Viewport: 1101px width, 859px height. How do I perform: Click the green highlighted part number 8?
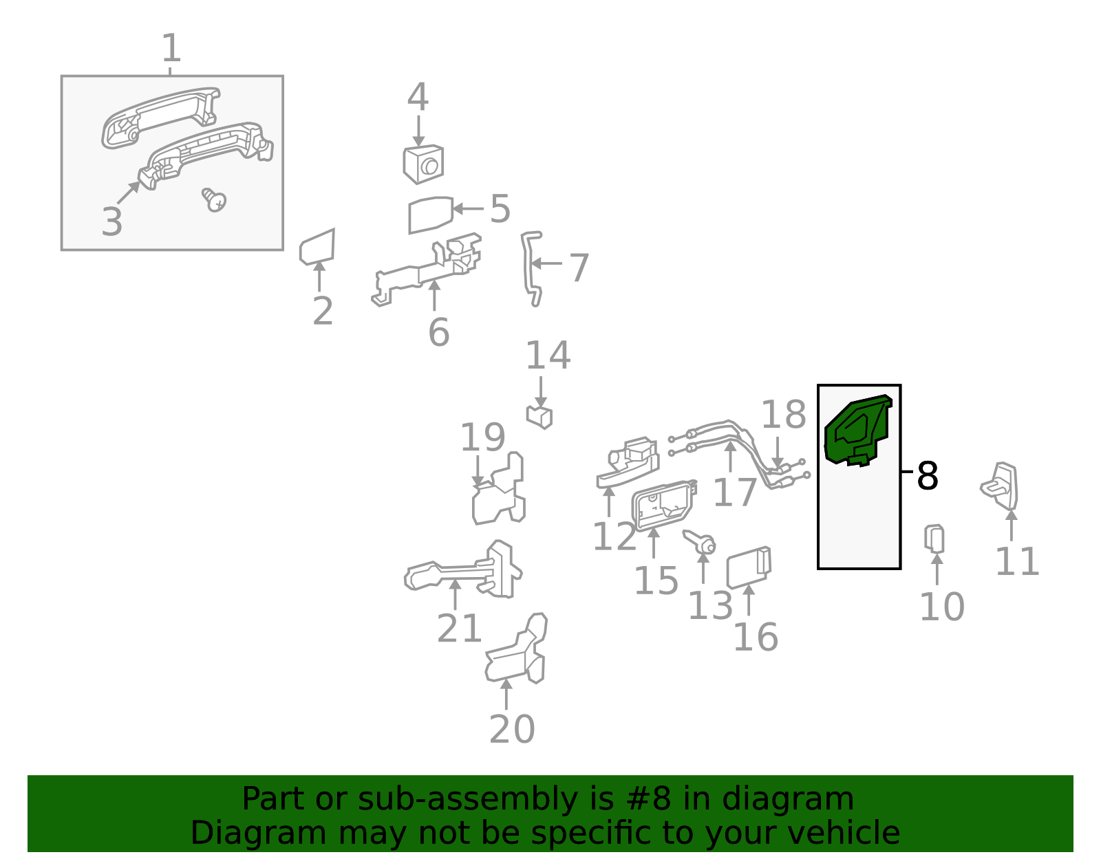tap(857, 431)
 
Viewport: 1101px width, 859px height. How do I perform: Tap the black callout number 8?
tap(927, 476)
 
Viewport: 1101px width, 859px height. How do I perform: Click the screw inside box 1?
tap(215, 199)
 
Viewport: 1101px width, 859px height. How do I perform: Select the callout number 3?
tap(111, 221)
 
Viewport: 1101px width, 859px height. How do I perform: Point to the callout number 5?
tap(500, 209)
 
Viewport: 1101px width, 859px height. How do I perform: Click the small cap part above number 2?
tap(318, 247)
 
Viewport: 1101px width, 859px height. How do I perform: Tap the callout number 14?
tap(548, 356)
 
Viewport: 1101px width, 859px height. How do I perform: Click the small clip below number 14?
tap(539, 417)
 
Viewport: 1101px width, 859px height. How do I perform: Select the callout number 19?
tap(482, 437)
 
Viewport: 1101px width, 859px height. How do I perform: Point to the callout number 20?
tap(512, 729)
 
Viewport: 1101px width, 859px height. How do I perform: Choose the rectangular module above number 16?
tap(749, 568)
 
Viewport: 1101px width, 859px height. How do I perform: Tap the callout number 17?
tap(735, 492)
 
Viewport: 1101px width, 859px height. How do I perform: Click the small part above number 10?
tap(934, 539)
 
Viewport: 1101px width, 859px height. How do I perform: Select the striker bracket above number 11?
tap(1001, 486)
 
